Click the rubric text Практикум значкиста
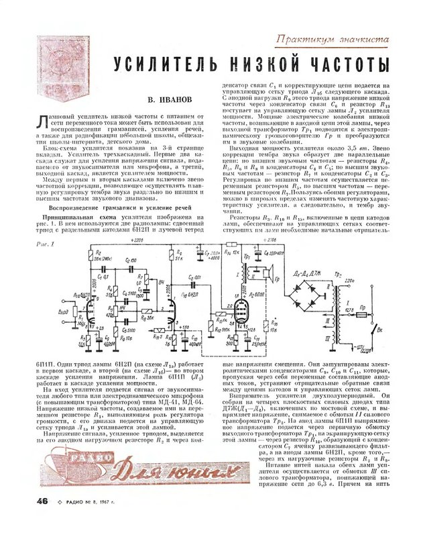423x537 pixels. [x=333, y=40]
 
